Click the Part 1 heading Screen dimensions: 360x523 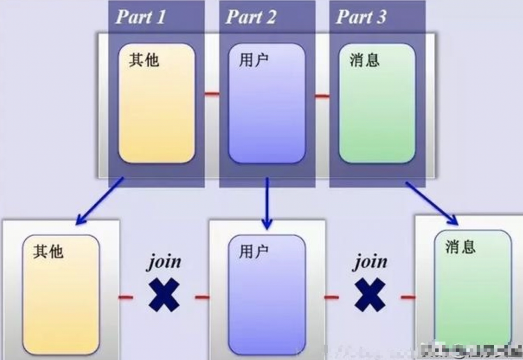[140, 17]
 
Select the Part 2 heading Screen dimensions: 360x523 [251, 17]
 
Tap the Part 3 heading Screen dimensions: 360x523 [361, 17]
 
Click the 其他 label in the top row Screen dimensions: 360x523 [144, 59]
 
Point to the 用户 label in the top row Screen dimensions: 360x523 [253, 59]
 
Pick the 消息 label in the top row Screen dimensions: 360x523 [364, 59]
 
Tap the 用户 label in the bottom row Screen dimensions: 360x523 [253, 251]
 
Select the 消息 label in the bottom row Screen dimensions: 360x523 [460, 247]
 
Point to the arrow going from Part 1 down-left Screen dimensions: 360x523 [99, 201]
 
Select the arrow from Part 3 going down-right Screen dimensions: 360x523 [431, 203]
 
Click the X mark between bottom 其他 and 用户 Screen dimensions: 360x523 [163, 295]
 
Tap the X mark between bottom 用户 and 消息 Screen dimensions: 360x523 [369, 295]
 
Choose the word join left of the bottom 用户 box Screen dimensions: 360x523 [164, 262]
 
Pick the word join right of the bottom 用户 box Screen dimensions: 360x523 [370, 262]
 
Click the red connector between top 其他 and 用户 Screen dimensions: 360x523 [212, 94]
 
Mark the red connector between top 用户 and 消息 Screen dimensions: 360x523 [322, 96]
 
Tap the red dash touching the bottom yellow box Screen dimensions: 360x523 [126, 296]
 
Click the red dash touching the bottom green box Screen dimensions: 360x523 [408, 296]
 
